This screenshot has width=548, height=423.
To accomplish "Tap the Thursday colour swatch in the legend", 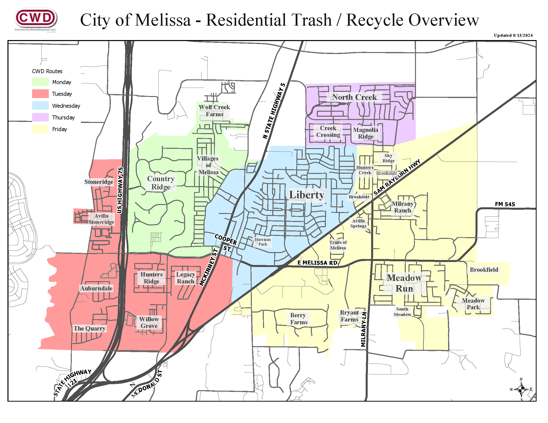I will click(40, 117).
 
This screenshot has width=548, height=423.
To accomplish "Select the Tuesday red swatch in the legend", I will click(40, 94).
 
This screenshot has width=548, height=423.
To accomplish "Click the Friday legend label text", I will click(60, 129).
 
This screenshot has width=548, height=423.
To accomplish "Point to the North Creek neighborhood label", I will click(354, 97).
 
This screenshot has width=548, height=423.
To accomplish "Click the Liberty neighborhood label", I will click(307, 195).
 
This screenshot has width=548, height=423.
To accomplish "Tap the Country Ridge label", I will click(161, 183).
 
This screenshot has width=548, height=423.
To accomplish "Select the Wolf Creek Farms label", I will click(214, 110).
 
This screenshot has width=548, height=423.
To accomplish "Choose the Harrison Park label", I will click(263, 242).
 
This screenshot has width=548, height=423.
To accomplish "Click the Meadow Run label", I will click(404, 283).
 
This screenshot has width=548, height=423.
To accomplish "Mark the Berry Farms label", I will click(299, 318).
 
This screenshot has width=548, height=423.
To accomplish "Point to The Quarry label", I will click(89, 328).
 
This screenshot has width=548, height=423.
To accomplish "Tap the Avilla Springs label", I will click(358, 223).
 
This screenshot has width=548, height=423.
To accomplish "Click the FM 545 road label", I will click(505, 204).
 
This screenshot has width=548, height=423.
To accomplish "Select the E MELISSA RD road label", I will click(317, 263).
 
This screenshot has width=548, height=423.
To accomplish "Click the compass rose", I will click(521, 389).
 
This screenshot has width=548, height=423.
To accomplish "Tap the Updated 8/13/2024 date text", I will click(513, 35).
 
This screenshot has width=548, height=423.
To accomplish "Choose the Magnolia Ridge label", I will click(365, 133).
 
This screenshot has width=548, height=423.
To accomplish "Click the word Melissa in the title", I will click(163, 20).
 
